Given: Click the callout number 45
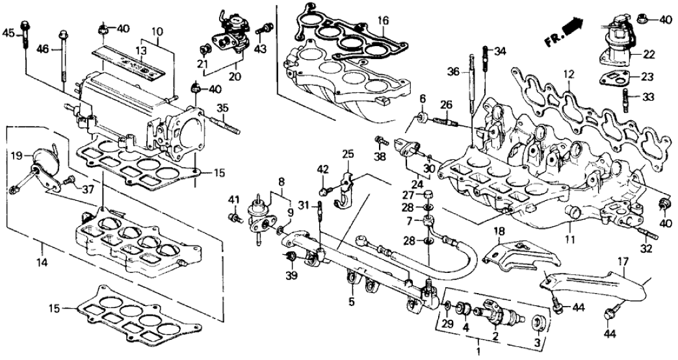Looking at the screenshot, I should pos(8,33).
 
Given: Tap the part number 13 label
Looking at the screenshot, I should pos(139,50).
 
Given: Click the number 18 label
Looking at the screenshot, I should pos(499,231).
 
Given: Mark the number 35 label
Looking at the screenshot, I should pos(222,108).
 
